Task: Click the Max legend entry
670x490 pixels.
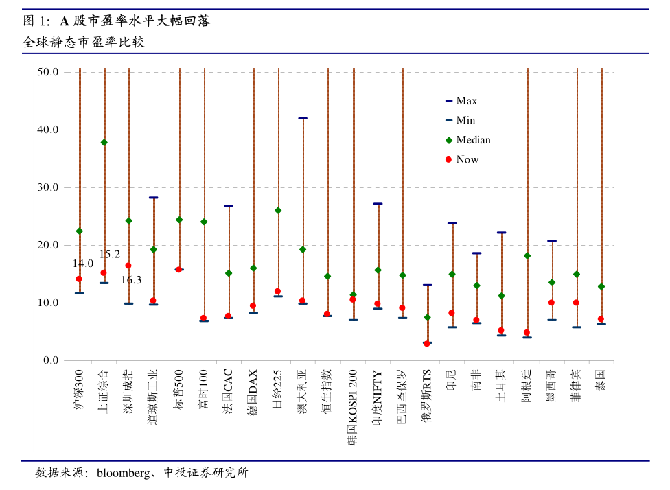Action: click(x=466, y=101)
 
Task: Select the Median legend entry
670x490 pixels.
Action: click(x=473, y=140)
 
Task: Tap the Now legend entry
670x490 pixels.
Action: click(x=467, y=159)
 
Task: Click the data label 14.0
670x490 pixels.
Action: click(x=83, y=264)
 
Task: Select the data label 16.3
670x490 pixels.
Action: click(x=131, y=280)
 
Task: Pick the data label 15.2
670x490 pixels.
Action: click(x=110, y=255)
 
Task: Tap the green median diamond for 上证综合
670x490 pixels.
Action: click(x=104, y=143)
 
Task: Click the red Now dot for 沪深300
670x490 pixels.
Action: click(x=79, y=279)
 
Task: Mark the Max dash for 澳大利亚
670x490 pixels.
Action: click(x=303, y=118)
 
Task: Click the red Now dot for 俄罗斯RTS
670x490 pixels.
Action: click(x=427, y=343)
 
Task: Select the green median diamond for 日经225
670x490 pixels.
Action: click(x=278, y=211)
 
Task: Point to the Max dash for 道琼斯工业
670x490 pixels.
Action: click(x=154, y=198)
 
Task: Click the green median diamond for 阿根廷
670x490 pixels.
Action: click(x=527, y=256)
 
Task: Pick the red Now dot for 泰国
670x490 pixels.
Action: click(x=601, y=319)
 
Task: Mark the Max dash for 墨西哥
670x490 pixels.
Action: click(x=552, y=241)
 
